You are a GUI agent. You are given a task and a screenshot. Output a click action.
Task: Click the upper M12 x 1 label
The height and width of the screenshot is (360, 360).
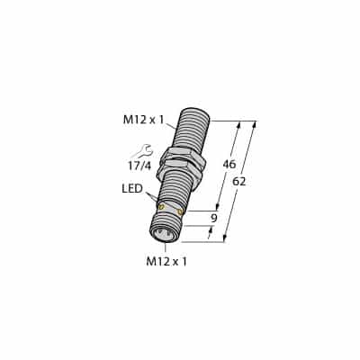point(144,120)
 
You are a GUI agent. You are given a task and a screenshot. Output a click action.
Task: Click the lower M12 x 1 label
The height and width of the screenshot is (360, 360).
point(166,262)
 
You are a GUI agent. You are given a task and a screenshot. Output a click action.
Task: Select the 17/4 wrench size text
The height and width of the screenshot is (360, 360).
point(139,166)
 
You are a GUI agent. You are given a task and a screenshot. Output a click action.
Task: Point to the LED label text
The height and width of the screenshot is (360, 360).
point(132,189)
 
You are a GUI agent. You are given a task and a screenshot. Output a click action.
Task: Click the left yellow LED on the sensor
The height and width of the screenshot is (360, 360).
point(162,207)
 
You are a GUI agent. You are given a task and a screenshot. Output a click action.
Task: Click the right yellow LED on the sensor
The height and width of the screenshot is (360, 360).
point(180,212)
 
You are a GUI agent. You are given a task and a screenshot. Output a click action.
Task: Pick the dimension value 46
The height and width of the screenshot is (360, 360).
point(229,164)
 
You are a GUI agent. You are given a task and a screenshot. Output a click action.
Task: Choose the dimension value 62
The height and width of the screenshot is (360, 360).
point(239,181)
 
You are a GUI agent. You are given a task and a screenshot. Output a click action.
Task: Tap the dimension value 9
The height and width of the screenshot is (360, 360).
point(213,218)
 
